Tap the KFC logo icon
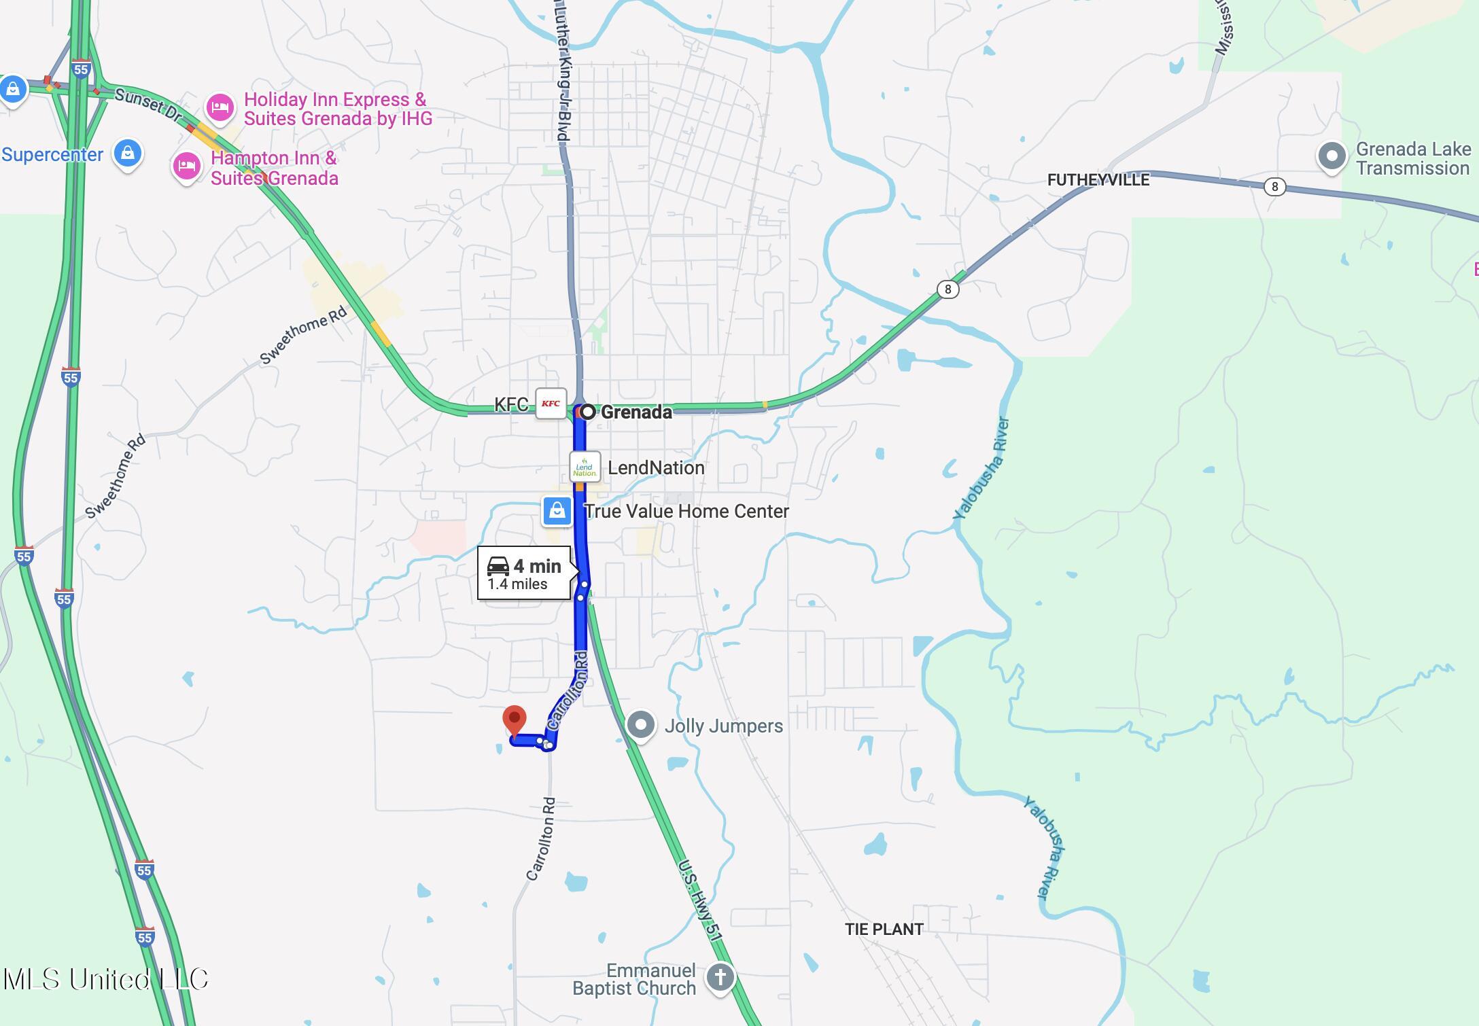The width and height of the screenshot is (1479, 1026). [551, 404]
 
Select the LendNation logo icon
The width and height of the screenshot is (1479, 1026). [585, 467]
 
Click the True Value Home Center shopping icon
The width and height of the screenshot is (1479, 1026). [557, 510]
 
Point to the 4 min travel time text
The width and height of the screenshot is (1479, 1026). [537, 566]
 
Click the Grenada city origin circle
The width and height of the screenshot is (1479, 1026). [587, 412]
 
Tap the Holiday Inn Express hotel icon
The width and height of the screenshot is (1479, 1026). [220, 107]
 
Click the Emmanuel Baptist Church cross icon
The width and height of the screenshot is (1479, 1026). [720, 978]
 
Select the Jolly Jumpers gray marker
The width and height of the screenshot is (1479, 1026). [640, 725]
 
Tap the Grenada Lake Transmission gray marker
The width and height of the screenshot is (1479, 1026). [1332, 156]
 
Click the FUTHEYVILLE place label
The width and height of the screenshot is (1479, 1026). [1098, 180]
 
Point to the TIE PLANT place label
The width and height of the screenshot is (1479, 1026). [884, 929]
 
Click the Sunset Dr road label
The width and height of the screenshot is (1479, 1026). [148, 105]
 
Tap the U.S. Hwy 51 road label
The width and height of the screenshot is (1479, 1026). [699, 900]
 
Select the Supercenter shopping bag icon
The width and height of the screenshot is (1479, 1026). [127, 154]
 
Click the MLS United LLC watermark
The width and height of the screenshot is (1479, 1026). [105, 979]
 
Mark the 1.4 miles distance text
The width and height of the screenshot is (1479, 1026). [517, 584]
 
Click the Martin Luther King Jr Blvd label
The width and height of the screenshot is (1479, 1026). [562, 71]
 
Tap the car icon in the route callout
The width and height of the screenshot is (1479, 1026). [498, 566]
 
